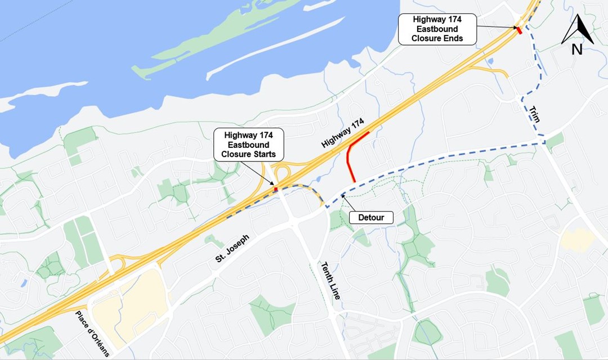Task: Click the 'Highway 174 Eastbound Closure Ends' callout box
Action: click(437, 29)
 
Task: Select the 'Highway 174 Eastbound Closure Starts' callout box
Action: click(248, 145)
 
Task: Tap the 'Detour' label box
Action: click(370, 217)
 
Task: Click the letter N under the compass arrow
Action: click(577, 49)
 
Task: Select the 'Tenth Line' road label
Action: click(330, 280)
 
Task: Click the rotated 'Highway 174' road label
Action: click(343, 133)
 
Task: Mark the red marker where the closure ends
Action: click(520, 30)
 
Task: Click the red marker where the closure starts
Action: click(276, 189)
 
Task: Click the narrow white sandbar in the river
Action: click(276, 48)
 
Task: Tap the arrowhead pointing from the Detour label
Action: click(343, 196)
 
